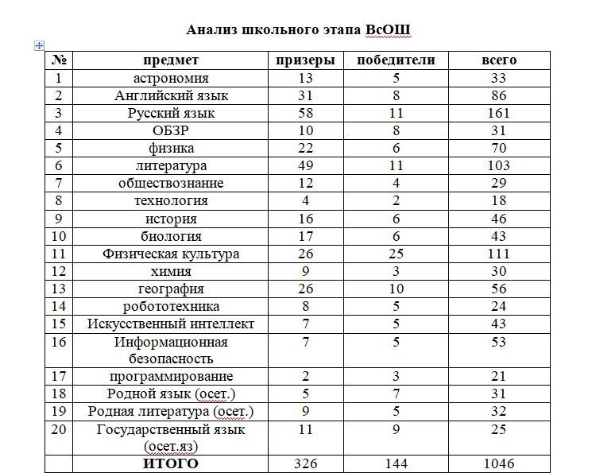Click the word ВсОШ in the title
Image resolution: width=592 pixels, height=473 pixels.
click(x=389, y=30)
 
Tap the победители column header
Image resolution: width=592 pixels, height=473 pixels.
click(x=396, y=60)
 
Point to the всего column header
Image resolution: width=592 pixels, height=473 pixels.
click(x=499, y=60)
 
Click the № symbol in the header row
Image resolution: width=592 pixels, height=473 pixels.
click(x=58, y=60)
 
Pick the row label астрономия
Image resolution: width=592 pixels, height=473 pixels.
click(x=171, y=78)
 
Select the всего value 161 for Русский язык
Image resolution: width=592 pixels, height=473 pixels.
click(x=499, y=113)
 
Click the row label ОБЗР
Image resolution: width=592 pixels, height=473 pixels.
click(x=171, y=130)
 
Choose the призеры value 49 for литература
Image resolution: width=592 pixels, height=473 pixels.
click(x=305, y=165)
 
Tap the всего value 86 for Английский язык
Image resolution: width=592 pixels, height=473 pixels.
click(x=499, y=95)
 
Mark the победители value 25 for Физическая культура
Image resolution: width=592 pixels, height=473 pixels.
click(x=396, y=254)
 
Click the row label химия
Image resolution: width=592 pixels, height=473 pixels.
click(x=171, y=271)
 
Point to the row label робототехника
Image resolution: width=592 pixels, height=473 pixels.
click(x=171, y=306)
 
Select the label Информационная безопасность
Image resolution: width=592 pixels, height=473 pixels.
click(x=171, y=350)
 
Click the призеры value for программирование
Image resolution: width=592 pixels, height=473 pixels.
click(x=305, y=376)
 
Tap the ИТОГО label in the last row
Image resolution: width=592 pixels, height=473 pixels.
click(x=171, y=463)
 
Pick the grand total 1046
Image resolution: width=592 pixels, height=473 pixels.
click(x=499, y=463)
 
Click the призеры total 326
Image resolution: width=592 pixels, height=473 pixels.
click(x=305, y=463)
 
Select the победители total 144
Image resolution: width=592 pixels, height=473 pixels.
click(x=396, y=463)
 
